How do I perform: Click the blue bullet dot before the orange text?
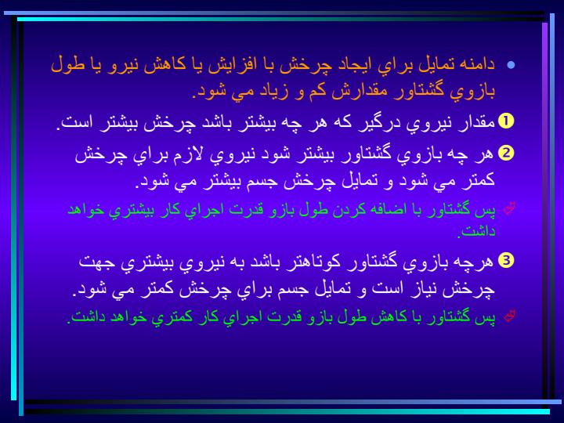click(511, 65)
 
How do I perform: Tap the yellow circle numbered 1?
click(506, 121)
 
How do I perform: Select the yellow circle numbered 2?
click(506, 153)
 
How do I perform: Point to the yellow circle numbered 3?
click(506, 260)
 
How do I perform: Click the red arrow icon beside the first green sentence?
click(510, 208)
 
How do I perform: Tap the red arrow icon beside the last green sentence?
click(510, 316)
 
